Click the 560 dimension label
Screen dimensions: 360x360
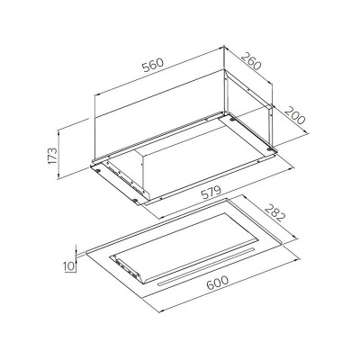tap(153, 65)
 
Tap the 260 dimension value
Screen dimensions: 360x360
tap(251, 61)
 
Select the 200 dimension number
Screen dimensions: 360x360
tap(294, 115)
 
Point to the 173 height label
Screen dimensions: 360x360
tap(52, 155)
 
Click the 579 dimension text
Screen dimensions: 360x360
tap(211, 193)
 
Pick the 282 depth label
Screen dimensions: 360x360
tap(274, 212)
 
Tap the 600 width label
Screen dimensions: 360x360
tap(218, 283)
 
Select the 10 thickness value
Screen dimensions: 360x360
tap(68, 265)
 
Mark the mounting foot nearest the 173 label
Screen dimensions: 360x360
tap(98, 170)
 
